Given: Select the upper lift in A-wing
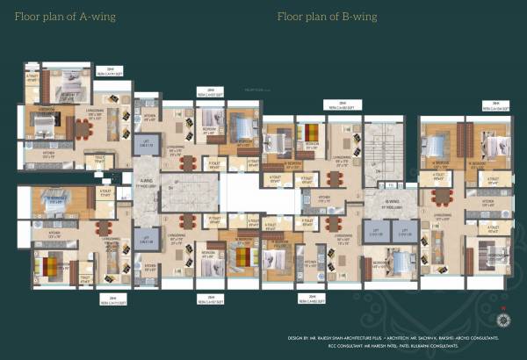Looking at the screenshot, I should pos(146,144).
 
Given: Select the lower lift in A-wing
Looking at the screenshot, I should pos(146,239).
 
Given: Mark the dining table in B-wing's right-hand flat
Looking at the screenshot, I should pos(441,196).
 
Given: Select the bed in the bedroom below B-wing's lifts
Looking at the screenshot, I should pos(402,263).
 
